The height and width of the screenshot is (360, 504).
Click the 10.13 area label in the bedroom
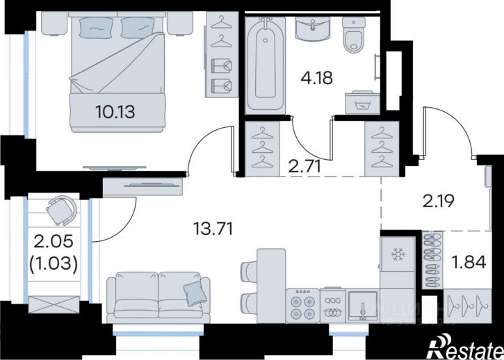click(x=115, y=112)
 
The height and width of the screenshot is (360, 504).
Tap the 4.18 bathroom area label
click(x=316, y=77)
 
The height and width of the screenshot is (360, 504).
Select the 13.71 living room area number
click(x=213, y=229)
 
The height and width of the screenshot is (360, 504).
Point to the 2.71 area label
click(x=304, y=167)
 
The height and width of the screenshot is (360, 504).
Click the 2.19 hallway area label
click(x=438, y=202)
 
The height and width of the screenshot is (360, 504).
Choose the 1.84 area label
click(x=469, y=262)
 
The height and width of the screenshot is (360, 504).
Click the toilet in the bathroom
click(x=354, y=34)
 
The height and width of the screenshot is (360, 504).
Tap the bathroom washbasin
click(x=312, y=29)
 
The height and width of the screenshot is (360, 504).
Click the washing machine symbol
click(x=362, y=103)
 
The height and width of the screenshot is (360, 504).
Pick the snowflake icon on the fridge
click(x=398, y=254)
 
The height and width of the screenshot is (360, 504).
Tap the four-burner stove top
click(x=303, y=306)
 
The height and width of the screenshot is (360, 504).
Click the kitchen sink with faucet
click(x=363, y=306)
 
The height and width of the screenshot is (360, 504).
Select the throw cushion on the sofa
click(x=195, y=293)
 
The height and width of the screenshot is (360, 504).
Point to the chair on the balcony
click(x=62, y=210)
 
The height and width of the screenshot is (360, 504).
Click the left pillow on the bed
click(x=96, y=28)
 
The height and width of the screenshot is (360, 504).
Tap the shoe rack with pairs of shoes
click(x=432, y=260)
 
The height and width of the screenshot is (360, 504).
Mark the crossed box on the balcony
click(x=54, y=304)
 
